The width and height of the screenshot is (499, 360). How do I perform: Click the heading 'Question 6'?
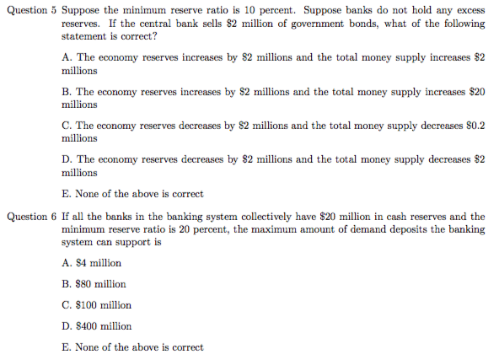point(31,217)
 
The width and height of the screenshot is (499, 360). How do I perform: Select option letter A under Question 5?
point(67,57)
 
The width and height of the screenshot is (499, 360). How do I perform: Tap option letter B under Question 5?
point(67,91)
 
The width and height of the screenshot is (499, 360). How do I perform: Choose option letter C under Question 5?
point(67,126)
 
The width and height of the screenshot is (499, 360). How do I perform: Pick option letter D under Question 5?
point(67,159)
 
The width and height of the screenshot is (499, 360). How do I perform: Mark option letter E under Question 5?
point(67,194)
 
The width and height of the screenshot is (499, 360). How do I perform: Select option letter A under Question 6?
point(67,263)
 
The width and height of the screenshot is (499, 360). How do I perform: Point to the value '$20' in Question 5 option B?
point(476,91)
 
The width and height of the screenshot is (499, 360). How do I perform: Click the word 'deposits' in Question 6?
point(395,229)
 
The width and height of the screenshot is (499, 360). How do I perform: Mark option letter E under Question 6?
point(67,347)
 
